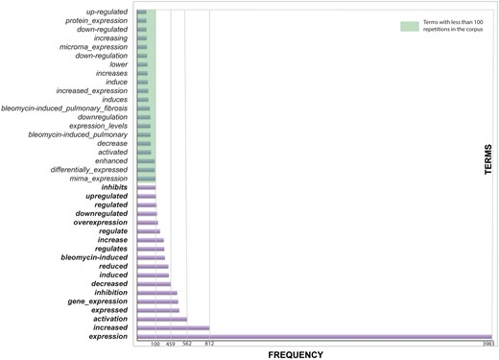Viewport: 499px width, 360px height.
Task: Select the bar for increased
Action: point(173,327)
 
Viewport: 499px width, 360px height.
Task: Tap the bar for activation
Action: point(161,319)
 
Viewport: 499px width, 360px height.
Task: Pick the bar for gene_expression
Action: point(157,301)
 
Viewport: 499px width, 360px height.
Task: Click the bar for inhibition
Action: point(156,292)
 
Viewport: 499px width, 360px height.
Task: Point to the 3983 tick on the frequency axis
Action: point(487,344)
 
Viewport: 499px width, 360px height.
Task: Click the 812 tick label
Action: point(209,344)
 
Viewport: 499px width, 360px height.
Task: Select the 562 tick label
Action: point(187,344)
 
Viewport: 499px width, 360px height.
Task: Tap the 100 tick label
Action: point(155,344)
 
